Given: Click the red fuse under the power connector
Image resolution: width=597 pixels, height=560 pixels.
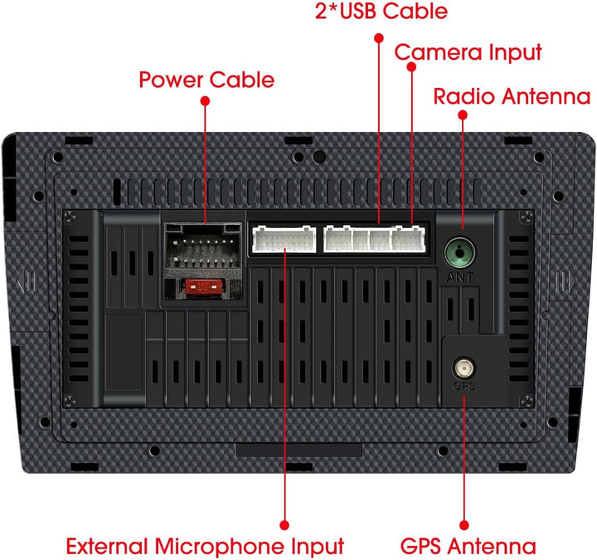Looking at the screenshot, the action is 203,287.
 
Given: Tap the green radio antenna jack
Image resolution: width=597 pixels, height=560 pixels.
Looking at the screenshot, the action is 460,252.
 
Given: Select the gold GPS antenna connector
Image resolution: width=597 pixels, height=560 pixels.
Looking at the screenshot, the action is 464,368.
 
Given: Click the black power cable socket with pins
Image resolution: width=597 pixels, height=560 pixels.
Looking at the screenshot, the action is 203,246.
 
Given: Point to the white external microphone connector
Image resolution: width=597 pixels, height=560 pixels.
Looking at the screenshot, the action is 284,239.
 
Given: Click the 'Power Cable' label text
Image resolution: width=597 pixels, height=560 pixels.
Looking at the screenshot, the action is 206,80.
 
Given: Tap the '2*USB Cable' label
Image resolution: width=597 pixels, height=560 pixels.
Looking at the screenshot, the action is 381,11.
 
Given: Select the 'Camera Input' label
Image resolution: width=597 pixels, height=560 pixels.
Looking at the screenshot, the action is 468,52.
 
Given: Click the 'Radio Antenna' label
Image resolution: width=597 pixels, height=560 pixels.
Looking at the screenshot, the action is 512,96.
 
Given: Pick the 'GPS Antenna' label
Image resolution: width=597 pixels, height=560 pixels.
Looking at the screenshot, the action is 468,546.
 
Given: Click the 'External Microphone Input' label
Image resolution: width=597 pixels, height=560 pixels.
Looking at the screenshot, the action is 206,546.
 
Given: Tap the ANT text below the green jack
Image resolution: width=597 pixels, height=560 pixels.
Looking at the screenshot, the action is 460,277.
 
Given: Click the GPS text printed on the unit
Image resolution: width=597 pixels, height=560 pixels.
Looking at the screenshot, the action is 464,387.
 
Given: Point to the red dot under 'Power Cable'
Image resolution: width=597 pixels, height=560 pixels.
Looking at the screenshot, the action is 206,101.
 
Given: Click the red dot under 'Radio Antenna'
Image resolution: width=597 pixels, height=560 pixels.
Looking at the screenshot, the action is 463,115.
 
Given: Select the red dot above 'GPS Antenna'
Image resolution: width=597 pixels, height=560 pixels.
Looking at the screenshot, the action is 464,525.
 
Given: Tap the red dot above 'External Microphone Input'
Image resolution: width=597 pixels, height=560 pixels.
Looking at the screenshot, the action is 284,525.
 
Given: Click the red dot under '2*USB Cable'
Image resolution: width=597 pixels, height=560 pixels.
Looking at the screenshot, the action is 379,38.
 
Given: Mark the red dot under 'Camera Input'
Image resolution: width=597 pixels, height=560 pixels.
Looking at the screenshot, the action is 411,66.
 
